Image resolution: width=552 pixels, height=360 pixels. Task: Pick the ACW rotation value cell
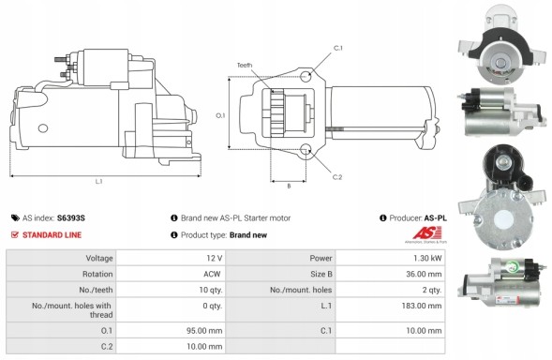(213, 274)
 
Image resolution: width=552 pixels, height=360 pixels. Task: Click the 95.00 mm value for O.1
(207, 330)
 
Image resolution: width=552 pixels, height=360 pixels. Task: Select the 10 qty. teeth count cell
(210, 290)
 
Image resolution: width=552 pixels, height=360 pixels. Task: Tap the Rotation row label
(98, 274)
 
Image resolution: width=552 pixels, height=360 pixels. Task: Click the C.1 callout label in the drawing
(338, 48)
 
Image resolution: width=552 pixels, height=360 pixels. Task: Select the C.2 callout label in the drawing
(336, 176)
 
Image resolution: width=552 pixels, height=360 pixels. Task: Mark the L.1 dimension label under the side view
(99, 181)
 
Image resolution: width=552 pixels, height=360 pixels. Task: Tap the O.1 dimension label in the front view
(220, 115)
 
